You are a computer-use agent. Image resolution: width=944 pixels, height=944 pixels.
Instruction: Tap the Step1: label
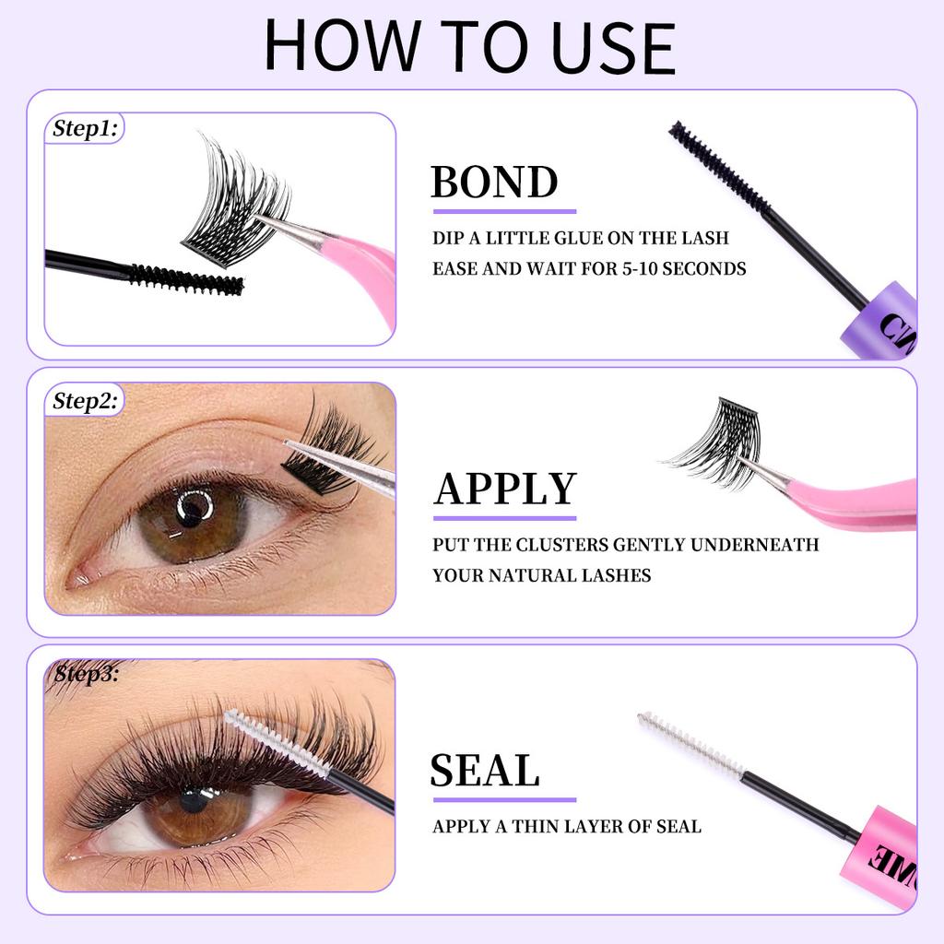(84, 129)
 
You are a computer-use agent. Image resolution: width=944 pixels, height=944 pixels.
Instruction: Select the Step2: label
(84, 401)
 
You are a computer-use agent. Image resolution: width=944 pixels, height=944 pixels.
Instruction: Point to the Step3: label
(85, 674)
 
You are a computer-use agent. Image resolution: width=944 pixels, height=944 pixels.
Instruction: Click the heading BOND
(494, 183)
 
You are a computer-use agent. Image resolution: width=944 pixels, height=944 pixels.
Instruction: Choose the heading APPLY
(504, 490)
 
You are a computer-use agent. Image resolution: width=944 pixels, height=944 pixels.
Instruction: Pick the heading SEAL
(484, 771)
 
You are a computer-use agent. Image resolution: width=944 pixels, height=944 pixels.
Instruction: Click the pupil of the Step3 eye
(194, 798)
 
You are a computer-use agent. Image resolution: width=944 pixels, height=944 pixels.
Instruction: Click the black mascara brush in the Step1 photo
(184, 278)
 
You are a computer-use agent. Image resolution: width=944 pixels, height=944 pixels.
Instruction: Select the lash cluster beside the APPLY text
(719, 442)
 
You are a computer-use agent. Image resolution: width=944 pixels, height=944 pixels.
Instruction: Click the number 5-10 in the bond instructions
(651, 269)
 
